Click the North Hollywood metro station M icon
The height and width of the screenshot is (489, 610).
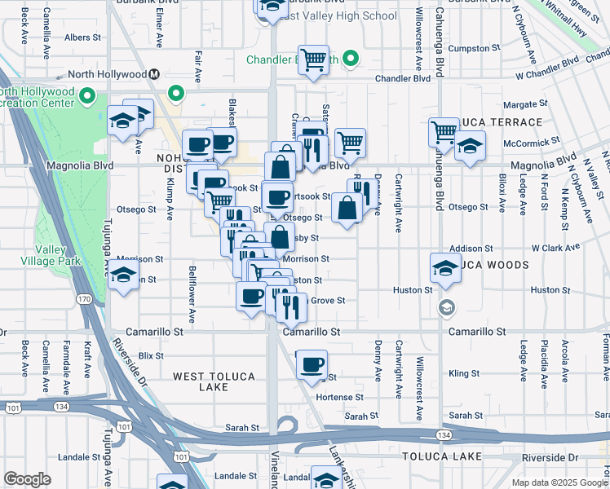153,73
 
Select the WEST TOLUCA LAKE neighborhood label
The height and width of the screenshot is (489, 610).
214,381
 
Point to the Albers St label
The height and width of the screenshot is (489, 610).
82,37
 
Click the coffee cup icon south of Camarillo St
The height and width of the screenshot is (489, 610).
311,366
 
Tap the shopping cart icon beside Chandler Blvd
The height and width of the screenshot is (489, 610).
313,59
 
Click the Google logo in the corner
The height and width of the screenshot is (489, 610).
27,479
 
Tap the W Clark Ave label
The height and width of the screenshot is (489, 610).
555,247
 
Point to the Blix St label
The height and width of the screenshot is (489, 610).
152,355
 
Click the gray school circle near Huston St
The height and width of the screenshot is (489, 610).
446,307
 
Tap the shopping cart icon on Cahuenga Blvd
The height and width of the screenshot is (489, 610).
444,132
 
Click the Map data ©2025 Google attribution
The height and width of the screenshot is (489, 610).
559,482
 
